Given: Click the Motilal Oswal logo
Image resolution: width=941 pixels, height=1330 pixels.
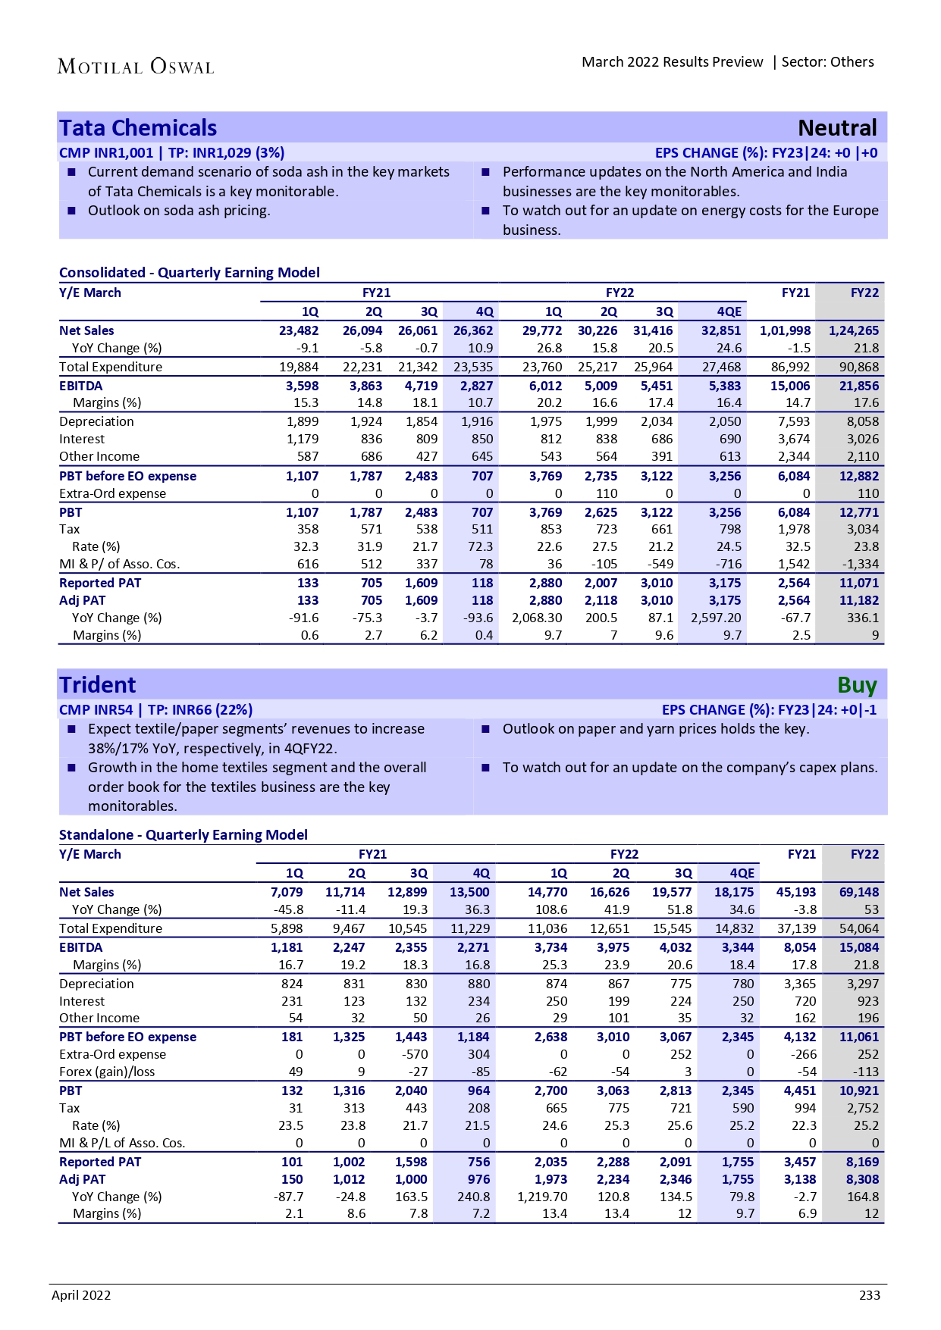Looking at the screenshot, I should click(136, 67).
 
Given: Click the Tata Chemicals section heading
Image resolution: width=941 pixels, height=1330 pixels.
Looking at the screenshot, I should click(138, 128).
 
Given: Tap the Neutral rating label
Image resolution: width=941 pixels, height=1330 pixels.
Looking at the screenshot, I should click(837, 128).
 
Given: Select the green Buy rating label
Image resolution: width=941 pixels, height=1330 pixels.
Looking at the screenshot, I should click(857, 685).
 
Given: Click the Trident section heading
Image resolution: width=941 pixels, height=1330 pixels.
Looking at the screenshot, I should click(98, 685).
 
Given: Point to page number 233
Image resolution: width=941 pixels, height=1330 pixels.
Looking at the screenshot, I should click(870, 1295).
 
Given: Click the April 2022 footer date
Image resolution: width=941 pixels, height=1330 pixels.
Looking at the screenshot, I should click(81, 1295).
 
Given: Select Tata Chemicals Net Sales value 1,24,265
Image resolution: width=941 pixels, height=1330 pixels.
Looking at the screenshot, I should click(854, 330).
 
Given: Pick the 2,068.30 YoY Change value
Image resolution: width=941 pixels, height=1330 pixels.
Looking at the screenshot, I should click(537, 618).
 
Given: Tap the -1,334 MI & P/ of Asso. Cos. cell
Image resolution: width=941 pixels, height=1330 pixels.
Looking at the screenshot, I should click(860, 564).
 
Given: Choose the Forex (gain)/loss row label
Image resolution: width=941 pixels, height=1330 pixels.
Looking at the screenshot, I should click(107, 1072).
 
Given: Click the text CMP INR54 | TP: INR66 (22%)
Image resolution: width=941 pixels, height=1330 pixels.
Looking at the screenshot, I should click(155, 710).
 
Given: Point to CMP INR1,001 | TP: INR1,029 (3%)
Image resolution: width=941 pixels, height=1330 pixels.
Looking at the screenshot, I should click(172, 153).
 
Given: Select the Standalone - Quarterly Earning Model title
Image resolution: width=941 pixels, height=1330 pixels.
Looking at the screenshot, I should click(183, 834).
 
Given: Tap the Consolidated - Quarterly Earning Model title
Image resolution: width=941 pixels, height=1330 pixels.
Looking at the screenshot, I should click(190, 273).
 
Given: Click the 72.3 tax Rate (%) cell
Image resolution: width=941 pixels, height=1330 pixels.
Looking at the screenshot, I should click(481, 546).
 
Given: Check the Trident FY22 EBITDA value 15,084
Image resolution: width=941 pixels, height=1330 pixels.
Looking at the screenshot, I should click(858, 947).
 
